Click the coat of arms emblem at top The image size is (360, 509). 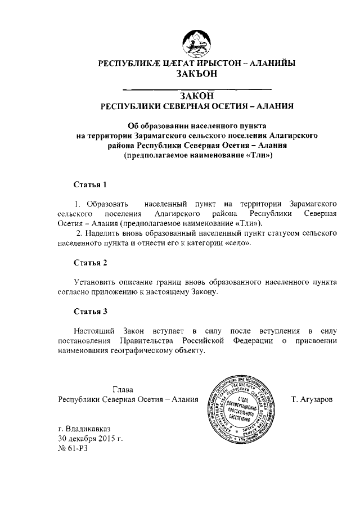pyautogui.click(x=196, y=43)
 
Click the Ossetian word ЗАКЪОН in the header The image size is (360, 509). pyautogui.click(x=196, y=73)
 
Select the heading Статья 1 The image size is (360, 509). pyautogui.click(x=90, y=184)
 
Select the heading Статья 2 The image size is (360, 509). pyautogui.click(x=90, y=263)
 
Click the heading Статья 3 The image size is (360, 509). pyautogui.click(x=90, y=311)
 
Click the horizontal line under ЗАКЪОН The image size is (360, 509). pyautogui.click(x=196, y=88)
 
